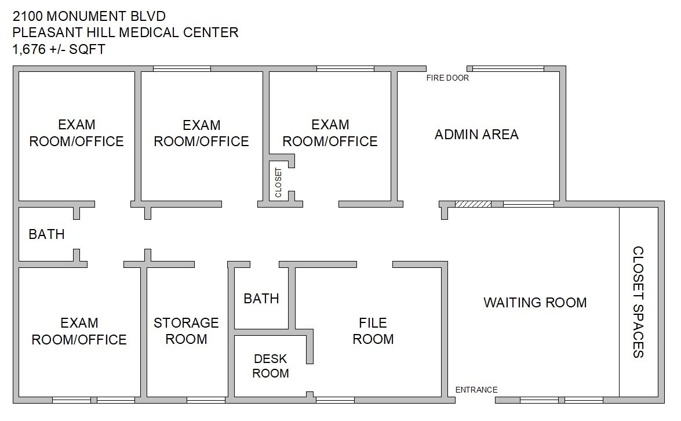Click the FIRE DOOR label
pyautogui.click(x=447, y=78)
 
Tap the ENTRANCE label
pyautogui.click(x=476, y=390)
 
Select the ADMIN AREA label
pyautogui.click(x=476, y=135)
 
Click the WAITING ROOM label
pyautogui.click(x=535, y=302)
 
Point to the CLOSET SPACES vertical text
pyautogui.click(x=638, y=302)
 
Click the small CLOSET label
pyautogui.click(x=278, y=183)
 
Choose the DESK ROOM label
pyautogui.click(x=271, y=366)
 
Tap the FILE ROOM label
pyautogui.click(x=373, y=331)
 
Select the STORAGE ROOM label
pyautogui.click(x=186, y=331)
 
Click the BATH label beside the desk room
pyautogui.click(x=261, y=299)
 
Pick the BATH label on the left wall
pyautogui.click(x=46, y=234)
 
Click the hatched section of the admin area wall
pyautogui.click(x=473, y=204)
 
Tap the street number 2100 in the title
pyautogui.click(x=28, y=16)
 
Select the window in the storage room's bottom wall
pyautogui.click(x=206, y=400)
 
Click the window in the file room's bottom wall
pyautogui.click(x=335, y=400)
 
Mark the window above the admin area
pyautogui.click(x=508, y=68)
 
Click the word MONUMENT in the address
pyautogui.click(x=87, y=16)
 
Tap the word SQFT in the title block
pyautogui.click(x=87, y=49)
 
